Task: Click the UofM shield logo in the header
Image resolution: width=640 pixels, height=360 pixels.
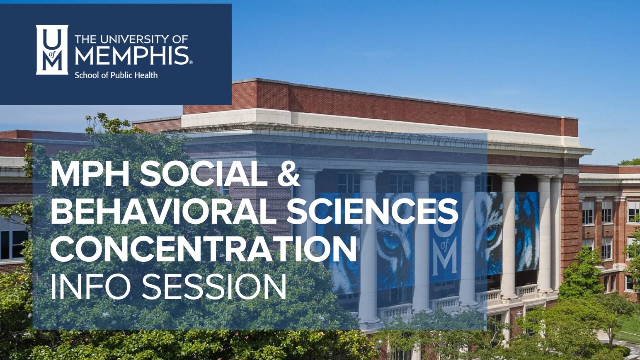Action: tap(52, 50)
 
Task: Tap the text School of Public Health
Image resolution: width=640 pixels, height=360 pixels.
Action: tap(116, 75)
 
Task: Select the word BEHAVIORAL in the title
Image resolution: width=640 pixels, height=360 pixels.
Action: tap(164, 211)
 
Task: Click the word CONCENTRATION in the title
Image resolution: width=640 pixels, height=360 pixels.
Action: tap(204, 249)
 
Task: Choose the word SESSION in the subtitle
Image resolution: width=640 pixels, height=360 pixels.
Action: tap(214, 287)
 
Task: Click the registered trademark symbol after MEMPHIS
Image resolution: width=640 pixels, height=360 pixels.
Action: tap(191, 62)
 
